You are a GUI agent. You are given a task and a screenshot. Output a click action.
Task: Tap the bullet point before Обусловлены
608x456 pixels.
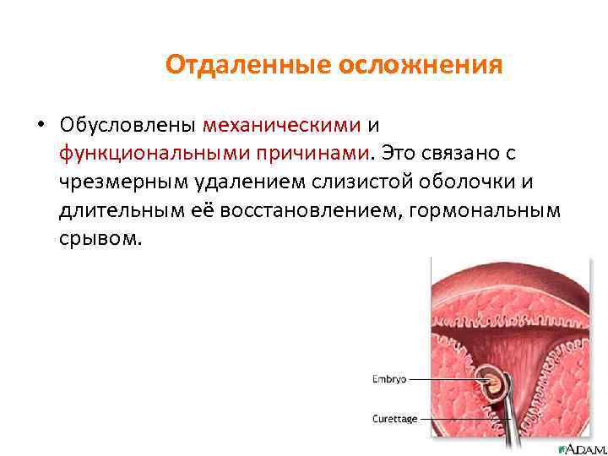pyautogui.click(x=40, y=126)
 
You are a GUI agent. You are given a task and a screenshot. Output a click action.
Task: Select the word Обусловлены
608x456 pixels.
pyautogui.click(x=128, y=125)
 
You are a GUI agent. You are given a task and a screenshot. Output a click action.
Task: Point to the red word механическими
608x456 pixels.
pyautogui.click(x=281, y=125)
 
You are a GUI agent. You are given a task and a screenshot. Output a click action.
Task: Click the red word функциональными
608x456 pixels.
pyautogui.click(x=152, y=154)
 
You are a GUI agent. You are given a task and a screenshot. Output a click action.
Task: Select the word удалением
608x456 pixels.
pyautogui.click(x=250, y=182)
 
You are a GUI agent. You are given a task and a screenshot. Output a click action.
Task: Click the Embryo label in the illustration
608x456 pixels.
pyautogui.click(x=389, y=379)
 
